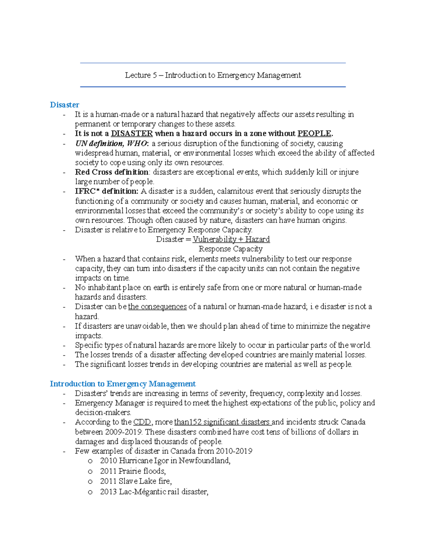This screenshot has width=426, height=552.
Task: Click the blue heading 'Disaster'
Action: tap(64, 105)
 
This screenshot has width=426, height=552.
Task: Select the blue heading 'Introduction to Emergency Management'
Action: tap(122, 384)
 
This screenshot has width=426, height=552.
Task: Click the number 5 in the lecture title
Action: tap(155, 75)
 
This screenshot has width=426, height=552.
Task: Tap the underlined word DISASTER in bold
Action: tap(132, 134)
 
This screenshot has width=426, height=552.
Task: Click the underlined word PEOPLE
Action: tap(314, 134)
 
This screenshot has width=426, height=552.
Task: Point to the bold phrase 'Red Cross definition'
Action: tap(111, 172)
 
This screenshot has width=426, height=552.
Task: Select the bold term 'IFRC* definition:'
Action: tap(106, 191)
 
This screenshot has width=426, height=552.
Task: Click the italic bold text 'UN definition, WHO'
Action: tap(110, 144)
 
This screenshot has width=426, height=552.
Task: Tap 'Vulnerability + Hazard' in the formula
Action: tap(231, 239)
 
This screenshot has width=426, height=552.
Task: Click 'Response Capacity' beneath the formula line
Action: tap(230, 249)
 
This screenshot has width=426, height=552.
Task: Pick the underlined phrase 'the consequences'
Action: tap(157, 307)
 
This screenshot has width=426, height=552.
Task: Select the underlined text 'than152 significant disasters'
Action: tap(223, 422)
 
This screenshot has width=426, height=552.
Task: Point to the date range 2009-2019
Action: tap(123, 432)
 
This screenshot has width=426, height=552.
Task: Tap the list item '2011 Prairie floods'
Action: tap(133, 471)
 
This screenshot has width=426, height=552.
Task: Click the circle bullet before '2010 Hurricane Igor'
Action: tap(90, 461)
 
